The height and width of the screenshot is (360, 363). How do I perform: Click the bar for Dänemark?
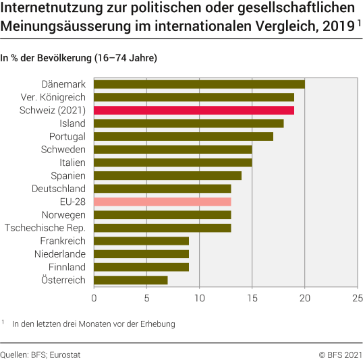199,84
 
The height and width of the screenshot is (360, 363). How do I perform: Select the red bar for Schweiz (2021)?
194,110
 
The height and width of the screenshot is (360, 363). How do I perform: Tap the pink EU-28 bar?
162,202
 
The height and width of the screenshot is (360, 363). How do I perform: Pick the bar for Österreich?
130,280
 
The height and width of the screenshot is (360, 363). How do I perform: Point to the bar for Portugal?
183,136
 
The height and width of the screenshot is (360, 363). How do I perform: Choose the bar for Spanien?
167,175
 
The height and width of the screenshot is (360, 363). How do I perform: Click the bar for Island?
188,123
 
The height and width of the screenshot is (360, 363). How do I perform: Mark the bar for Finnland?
141,267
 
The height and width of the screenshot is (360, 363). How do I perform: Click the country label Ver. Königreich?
53,97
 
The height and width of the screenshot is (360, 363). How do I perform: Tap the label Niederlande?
60,254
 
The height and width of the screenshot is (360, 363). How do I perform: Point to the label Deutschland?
59,189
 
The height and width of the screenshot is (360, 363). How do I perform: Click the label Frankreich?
63,241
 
